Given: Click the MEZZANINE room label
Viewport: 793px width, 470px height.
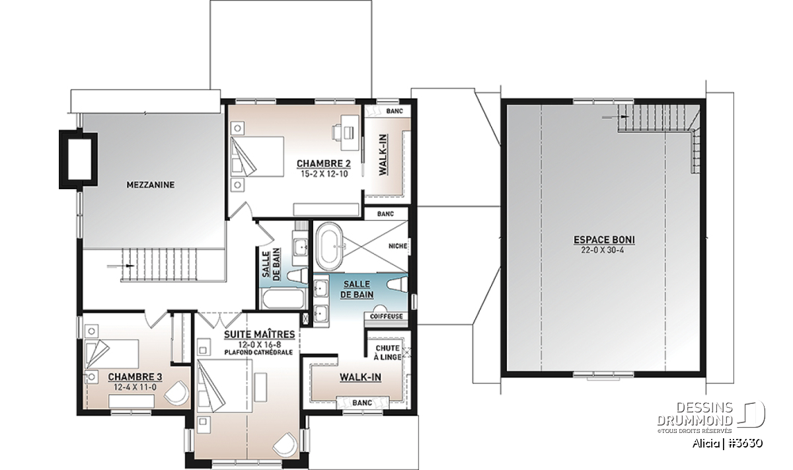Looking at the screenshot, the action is click(151, 185).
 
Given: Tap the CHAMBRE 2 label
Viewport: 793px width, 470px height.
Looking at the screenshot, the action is click(324, 164).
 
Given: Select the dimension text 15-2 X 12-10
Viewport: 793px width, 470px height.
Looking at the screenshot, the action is click(324, 175).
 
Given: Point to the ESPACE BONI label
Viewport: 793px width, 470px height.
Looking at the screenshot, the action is click(604, 240).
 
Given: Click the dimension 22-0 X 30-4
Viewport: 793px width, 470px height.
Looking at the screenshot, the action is click(603, 251).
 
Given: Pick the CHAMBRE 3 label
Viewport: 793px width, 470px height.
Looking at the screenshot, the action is click(135, 377).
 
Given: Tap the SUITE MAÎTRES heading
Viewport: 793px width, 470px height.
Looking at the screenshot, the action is click(260, 334).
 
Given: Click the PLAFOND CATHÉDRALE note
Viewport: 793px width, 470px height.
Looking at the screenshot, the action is click(258, 352).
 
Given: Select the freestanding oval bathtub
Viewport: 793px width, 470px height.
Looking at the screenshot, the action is click(329, 246).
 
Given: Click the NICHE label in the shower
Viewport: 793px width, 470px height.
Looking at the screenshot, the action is click(398, 246).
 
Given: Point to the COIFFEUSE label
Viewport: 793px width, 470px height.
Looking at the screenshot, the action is click(386, 316).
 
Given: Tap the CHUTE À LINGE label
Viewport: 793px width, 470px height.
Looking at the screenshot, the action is click(388, 352).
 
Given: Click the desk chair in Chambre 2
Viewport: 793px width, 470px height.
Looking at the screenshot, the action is click(348, 132).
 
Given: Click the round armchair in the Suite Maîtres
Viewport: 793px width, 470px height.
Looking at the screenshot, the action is click(285, 444).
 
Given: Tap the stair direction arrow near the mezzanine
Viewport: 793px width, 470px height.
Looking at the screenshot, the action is click(120, 266).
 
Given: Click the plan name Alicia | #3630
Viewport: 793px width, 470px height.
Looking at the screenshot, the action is click(727, 444).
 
